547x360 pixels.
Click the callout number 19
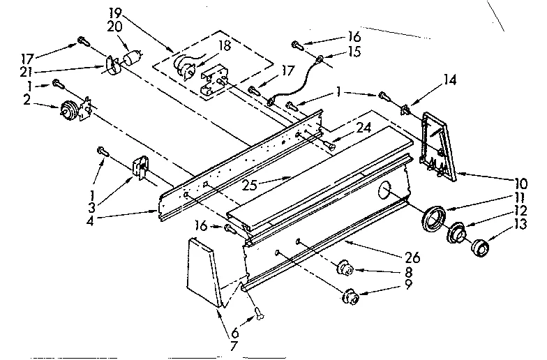(x=116, y=13)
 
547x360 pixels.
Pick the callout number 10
(x=520, y=183)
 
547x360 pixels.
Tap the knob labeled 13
(x=480, y=247)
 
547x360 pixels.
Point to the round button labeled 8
(x=345, y=268)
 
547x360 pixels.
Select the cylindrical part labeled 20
(x=132, y=59)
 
